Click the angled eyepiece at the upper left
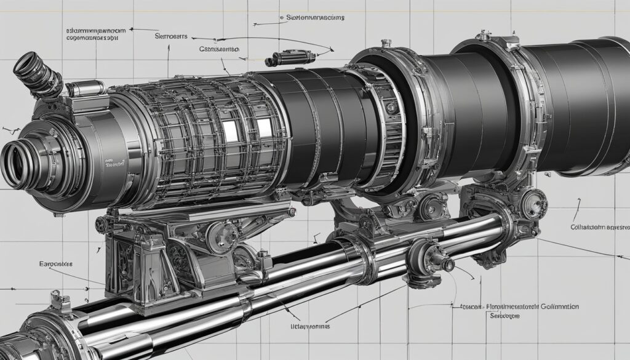click(x=36, y=74)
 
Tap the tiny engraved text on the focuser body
click(x=115, y=164)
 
